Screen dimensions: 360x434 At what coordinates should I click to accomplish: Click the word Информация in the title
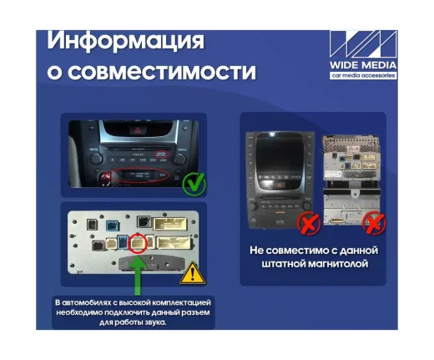[x=126, y=39]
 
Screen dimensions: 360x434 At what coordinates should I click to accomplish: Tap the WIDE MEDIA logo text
[x=363, y=64]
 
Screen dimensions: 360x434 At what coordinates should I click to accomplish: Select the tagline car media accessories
[x=363, y=75]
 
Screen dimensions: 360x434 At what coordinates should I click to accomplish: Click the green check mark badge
[x=195, y=180]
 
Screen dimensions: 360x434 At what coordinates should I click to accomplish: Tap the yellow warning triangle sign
[x=193, y=271]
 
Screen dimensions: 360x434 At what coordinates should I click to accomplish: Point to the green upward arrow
[x=138, y=276]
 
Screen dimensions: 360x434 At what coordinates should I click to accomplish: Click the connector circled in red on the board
[x=137, y=246]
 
